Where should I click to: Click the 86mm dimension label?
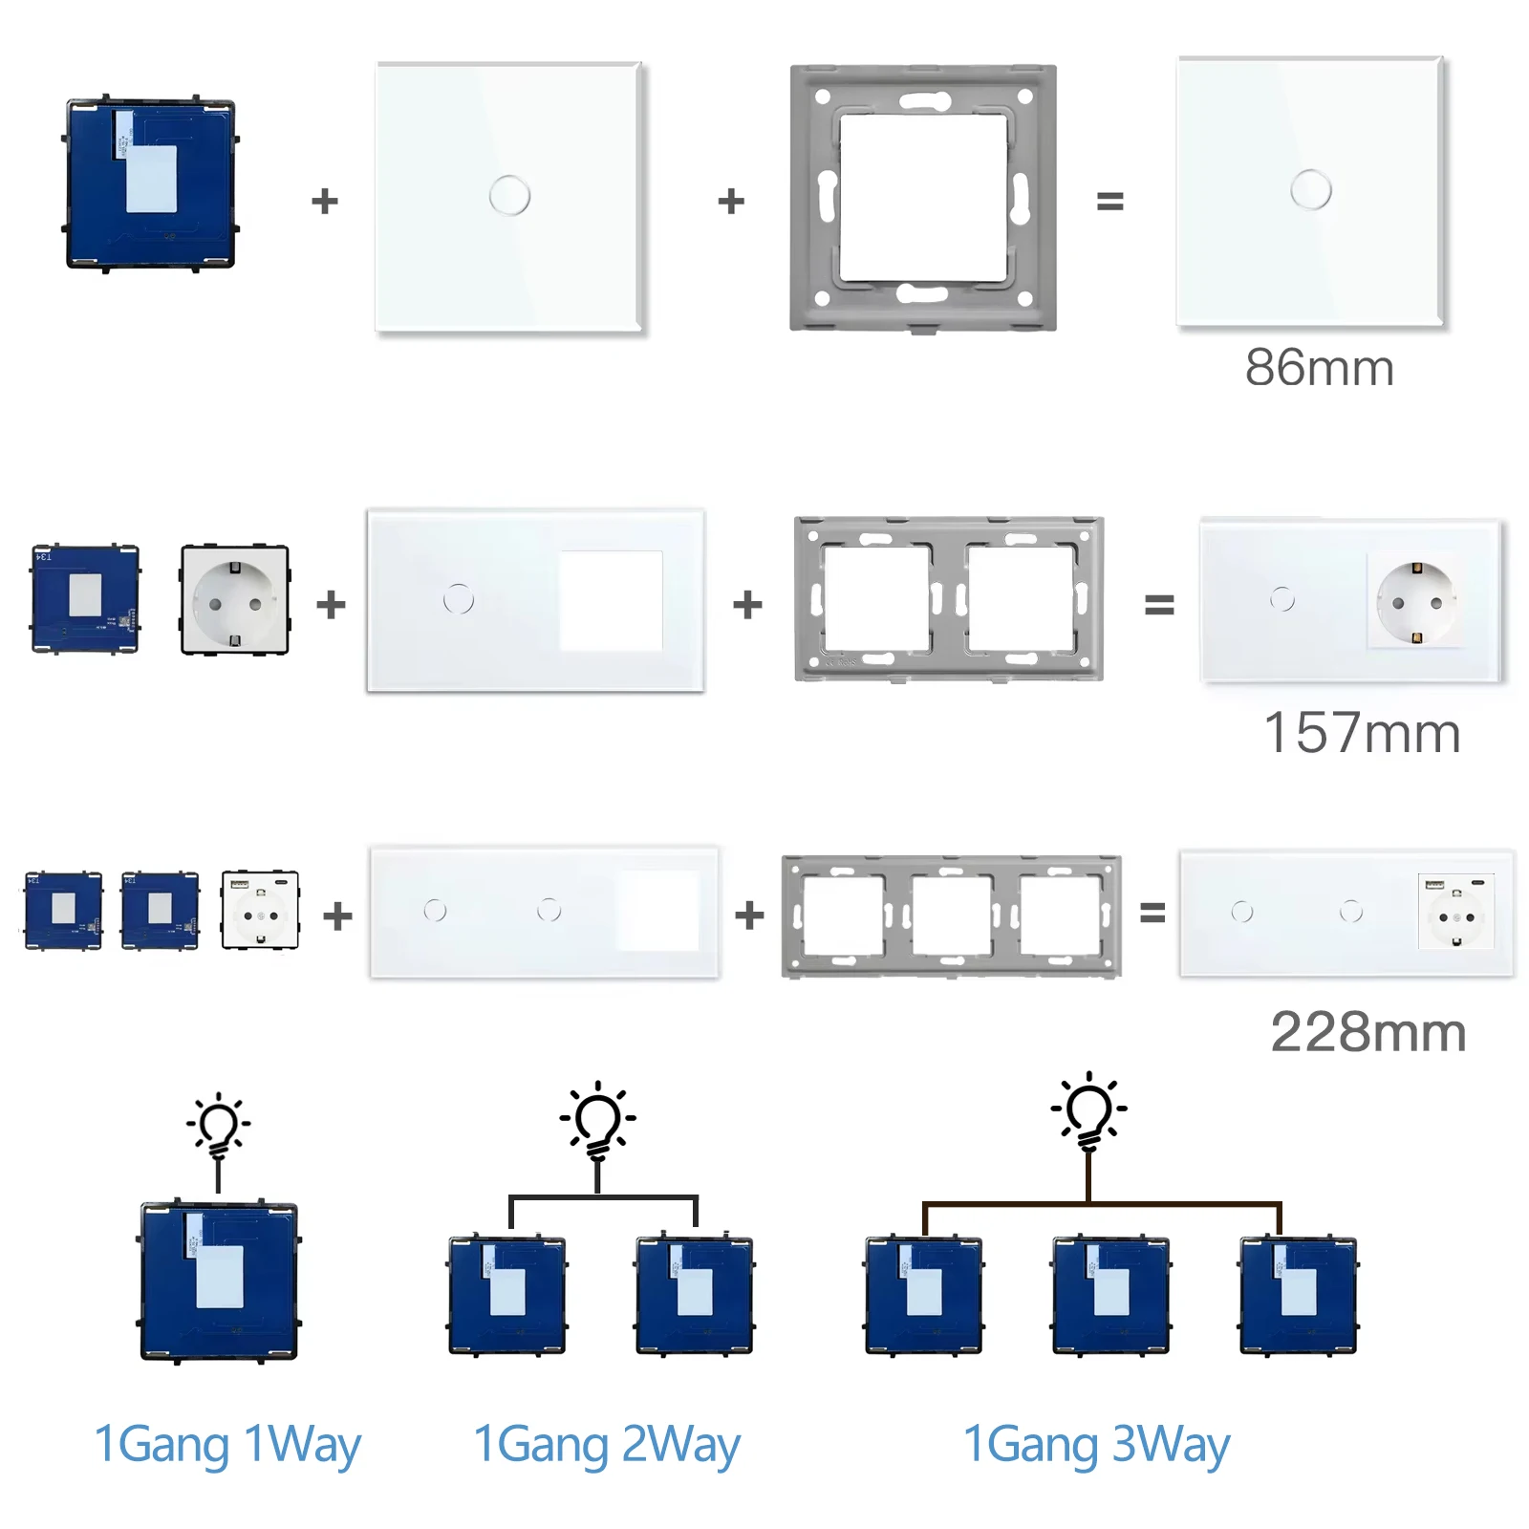pyautogui.click(x=1319, y=368)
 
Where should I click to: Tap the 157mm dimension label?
pyautogui.click(x=1362, y=734)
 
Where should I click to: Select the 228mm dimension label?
pyautogui.click(x=1367, y=1033)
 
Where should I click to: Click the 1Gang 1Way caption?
pyautogui.click(x=227, y=1444)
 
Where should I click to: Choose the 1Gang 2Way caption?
pyautogui.click(x=607, y=1444)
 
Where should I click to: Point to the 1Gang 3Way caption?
pyautogui.click(x=1096, y=1444)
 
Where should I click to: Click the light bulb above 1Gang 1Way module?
pyautogui.click(x=219, y=1126)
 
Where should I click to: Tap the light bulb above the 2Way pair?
pyautogui.click(x=598, y=1119)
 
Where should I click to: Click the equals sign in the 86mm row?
pyautogui.click(x=1109, y=201)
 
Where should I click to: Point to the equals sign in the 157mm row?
pyautogui.click(x=1159, y=604)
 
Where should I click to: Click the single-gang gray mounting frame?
pyautogui.click(x=923, y=199)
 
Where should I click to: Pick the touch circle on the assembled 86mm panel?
pyautogui.click(x=1310, y=189)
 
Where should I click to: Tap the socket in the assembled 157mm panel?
pyautogui.click(x=1416, y=601)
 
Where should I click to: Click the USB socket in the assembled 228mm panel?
pyautogui.click(x=1455, y=912)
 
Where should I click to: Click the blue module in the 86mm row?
pyautogui.click(x=151, y=183)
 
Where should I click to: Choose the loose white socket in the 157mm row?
pyautogui.click(x=234, y=600)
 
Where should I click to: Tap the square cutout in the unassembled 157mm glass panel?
pyautogui.click(x=611, y=600)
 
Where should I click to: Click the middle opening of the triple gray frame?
pyautogui.click(x=951, y=915)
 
